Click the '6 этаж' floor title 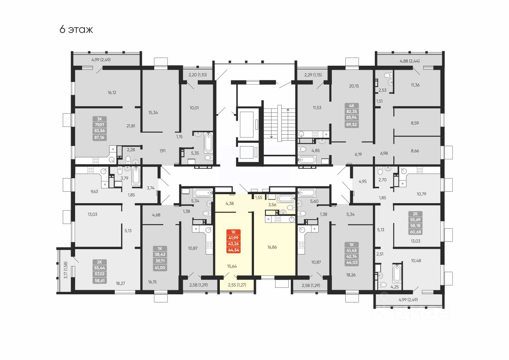76,30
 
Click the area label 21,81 131,126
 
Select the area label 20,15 354,86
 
